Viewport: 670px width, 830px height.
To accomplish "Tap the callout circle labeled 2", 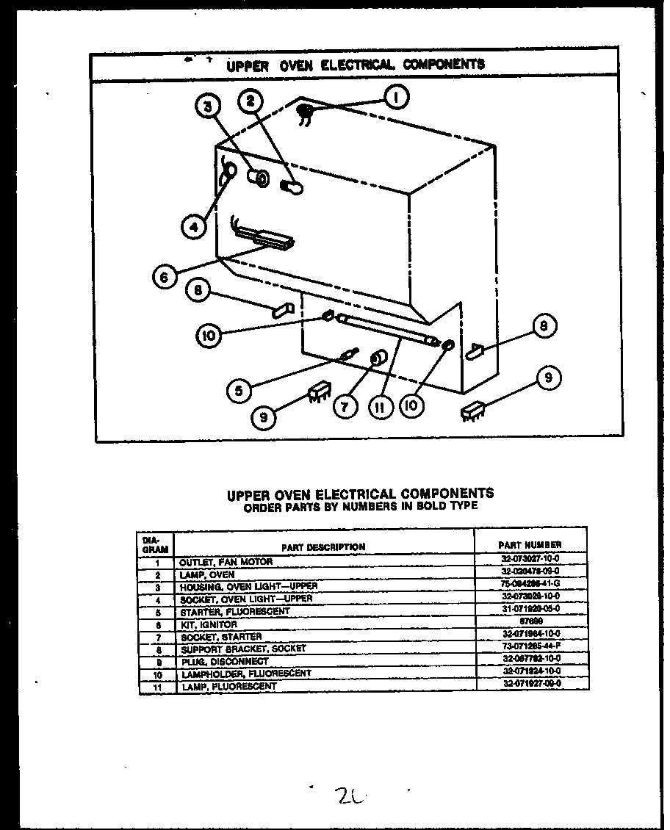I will coord(251,103).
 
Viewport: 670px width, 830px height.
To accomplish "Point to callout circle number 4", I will coord(193,227).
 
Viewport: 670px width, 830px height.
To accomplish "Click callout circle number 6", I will coord(165,277).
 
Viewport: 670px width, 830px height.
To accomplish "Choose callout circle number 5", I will coord(238,391).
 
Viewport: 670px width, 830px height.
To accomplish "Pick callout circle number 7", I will coord(345,406).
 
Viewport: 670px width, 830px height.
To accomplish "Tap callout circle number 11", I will coord(381,406).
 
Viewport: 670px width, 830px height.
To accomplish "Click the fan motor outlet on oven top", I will coord(305,112).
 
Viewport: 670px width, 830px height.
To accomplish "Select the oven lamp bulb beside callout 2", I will coord(291,187).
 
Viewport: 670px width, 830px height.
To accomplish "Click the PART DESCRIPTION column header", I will coord(323,546).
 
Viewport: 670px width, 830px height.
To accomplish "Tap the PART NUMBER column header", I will coord(530,544).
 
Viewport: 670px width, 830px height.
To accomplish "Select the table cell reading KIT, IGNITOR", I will coord(209,625).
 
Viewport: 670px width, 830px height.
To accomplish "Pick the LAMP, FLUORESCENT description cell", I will coord(228,686).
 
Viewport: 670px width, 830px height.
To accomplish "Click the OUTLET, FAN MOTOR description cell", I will coord(226,562).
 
